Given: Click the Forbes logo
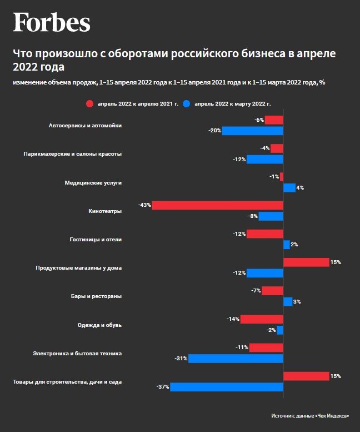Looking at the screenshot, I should [52, 23].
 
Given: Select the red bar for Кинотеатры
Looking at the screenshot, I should [217, 205].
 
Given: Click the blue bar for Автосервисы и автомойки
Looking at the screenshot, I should [253, 131].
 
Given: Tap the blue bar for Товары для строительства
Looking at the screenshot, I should [226, 387].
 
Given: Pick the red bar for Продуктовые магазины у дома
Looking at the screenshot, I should [306, 262].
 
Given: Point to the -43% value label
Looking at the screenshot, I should [144, 205].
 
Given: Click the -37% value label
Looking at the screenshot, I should [163, 387].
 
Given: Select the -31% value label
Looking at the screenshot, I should [181, 359].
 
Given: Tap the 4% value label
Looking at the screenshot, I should [300, 188].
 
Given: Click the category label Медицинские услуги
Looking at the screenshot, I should [93, 182].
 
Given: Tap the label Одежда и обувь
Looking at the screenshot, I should [99, 325].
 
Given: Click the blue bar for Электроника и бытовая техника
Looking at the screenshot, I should [236, 359].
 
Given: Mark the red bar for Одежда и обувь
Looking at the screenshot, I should [262, 319].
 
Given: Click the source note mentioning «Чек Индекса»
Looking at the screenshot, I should [311, 416].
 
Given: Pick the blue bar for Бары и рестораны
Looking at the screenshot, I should [288, 302].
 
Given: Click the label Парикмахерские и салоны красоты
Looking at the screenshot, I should [73, 154].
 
